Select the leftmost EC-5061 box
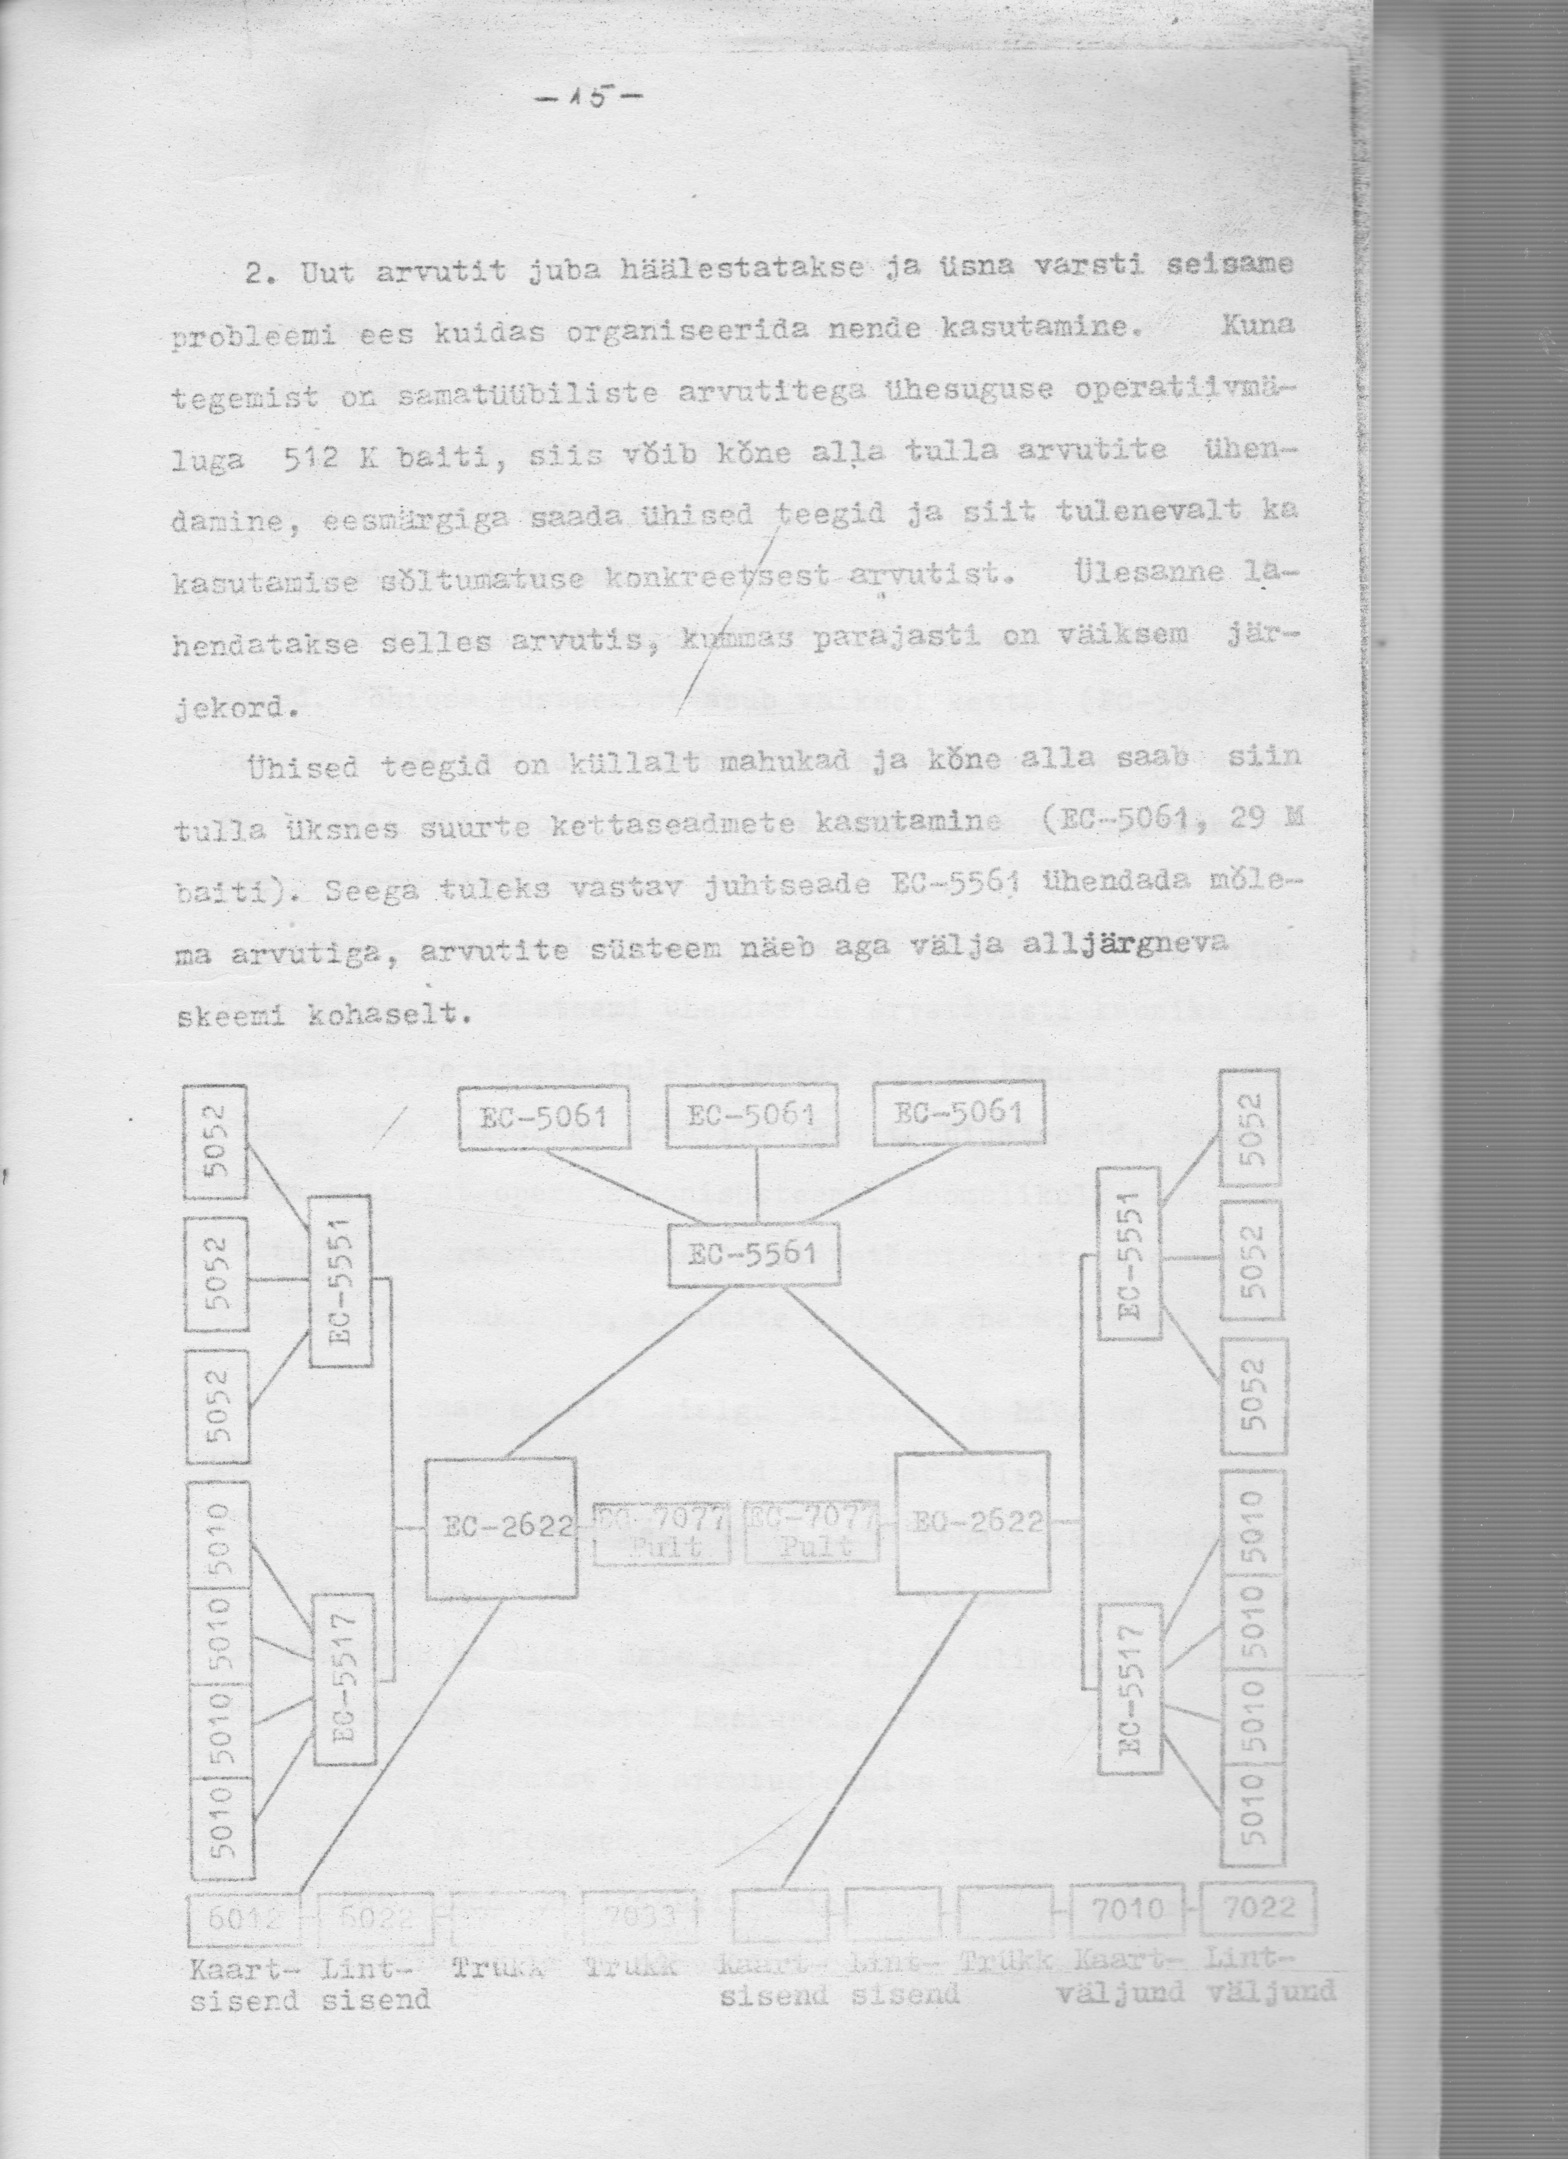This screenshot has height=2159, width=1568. click(x=544, y=1118)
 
